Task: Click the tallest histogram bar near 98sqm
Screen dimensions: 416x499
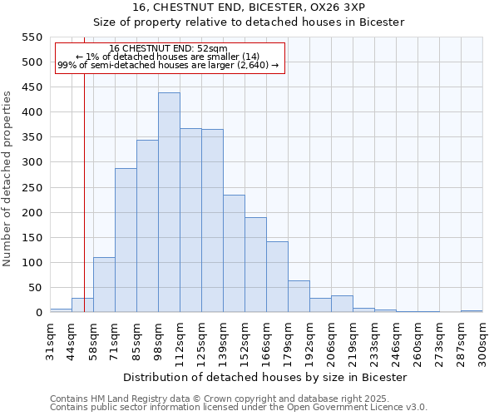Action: coord(169,202)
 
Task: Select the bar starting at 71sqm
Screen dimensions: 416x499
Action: coord(126,240)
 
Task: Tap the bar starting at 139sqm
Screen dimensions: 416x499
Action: coord(234,254)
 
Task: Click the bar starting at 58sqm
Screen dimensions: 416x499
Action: coord(104,285)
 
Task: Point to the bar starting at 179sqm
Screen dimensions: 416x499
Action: coord(299,296)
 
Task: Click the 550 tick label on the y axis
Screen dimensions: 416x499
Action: coord(30,37)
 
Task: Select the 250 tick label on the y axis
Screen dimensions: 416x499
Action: coord(30,188)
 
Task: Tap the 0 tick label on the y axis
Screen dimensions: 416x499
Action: coord(38,313)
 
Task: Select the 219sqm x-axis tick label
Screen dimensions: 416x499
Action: coord(353,342)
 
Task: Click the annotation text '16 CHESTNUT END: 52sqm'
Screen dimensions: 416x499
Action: coord(168,49)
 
